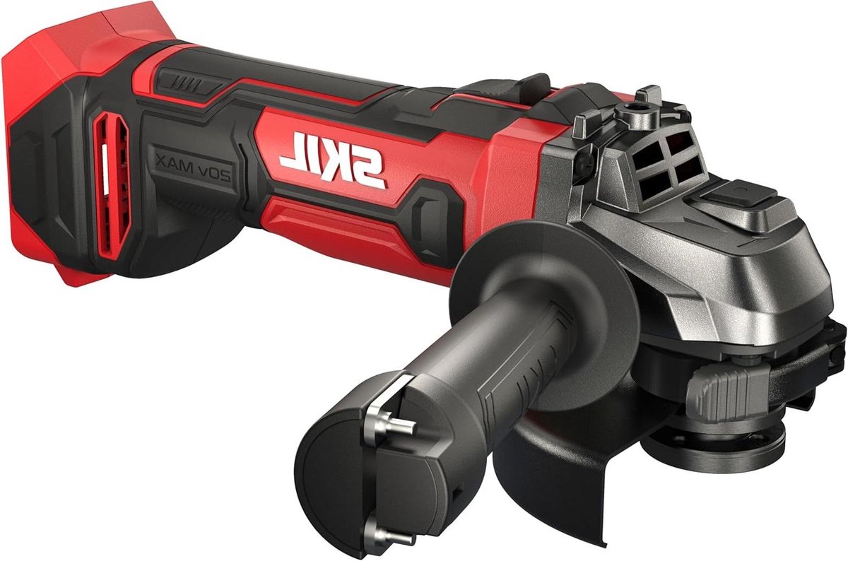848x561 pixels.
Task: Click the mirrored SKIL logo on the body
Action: pyautogui.click(x=332, y=160)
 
